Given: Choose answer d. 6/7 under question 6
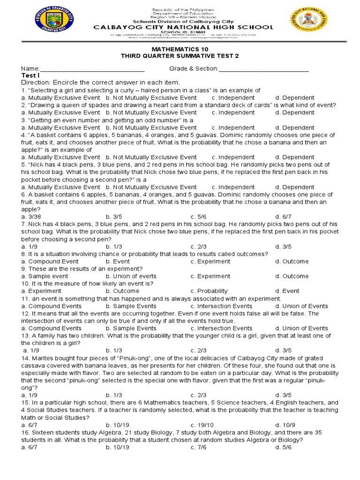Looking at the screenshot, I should click(x=283, y=217).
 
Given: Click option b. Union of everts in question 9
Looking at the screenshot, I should click(x=131, y=276).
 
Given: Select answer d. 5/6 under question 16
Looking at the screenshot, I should click(x=283, y=447).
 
